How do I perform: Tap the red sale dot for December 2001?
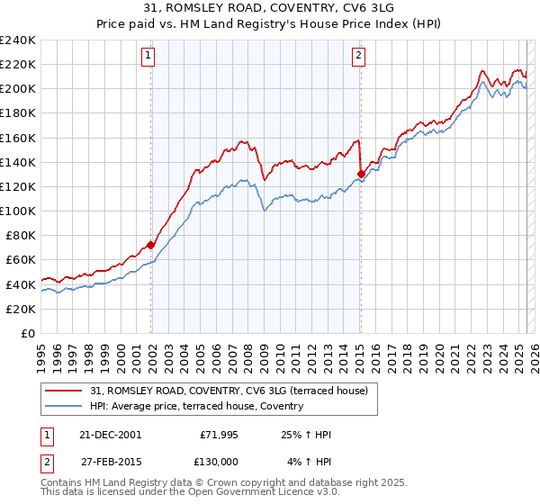(151, 245)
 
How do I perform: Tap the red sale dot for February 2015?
(361, 174)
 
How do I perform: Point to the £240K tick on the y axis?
(18, 40)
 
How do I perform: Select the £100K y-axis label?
(18, 211)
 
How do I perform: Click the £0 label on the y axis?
(29, 333)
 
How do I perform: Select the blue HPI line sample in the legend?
(63, 406)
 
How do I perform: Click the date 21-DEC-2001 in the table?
(110, 435)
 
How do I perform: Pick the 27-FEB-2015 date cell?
(110, 461)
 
